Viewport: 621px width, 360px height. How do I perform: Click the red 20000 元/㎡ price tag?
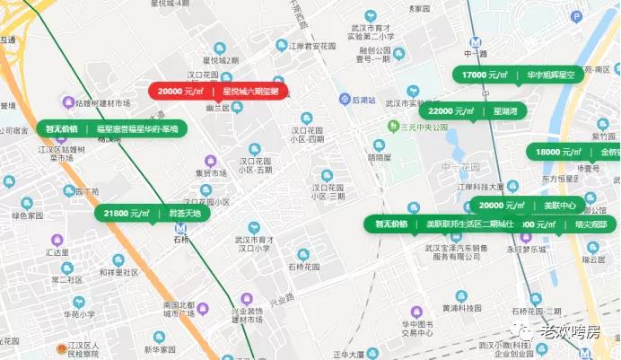coord(218,92)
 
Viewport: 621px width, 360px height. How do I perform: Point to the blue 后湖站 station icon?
coord(345,99)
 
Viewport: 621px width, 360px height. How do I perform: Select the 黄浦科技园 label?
coord(461,308)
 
